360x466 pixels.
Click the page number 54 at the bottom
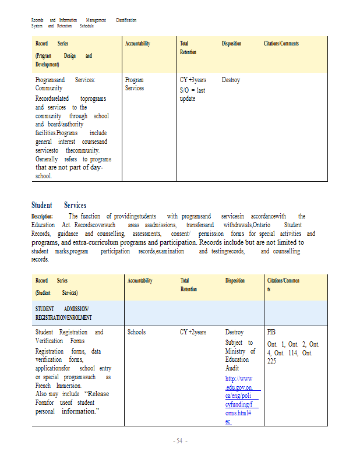coord(179,442)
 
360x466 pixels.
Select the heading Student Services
coord(59,205)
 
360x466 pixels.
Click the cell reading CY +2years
coord(193,332)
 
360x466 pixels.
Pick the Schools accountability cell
coord(136,332)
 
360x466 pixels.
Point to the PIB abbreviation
coord(271,332)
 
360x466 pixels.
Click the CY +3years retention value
coord(193,80)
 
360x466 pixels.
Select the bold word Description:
coord(42,217)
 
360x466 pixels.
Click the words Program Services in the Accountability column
coord(135,84)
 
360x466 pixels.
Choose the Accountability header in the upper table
coord(137,44)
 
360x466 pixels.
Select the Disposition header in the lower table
coord(235,281)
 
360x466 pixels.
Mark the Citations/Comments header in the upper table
coord(281,44)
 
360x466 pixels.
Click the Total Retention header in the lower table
coord(188,285)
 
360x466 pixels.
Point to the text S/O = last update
coord(193,94)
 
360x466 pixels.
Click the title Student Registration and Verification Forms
coord(69,336)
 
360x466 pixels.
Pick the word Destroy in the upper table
coord(231,80)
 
